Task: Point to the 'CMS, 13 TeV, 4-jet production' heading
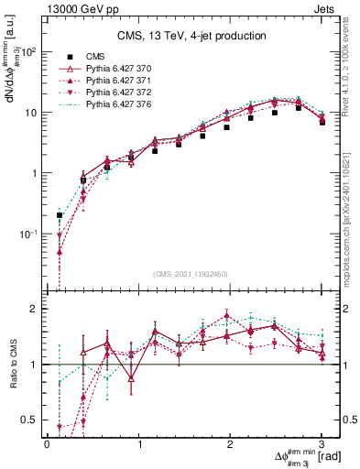click(x=191, y=37)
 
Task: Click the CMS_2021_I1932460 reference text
click(x=191, y=274)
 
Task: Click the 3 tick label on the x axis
click(x=322, y=443)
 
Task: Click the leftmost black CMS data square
click(x=60, y=215)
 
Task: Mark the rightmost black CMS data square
click(x=322, y=122)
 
